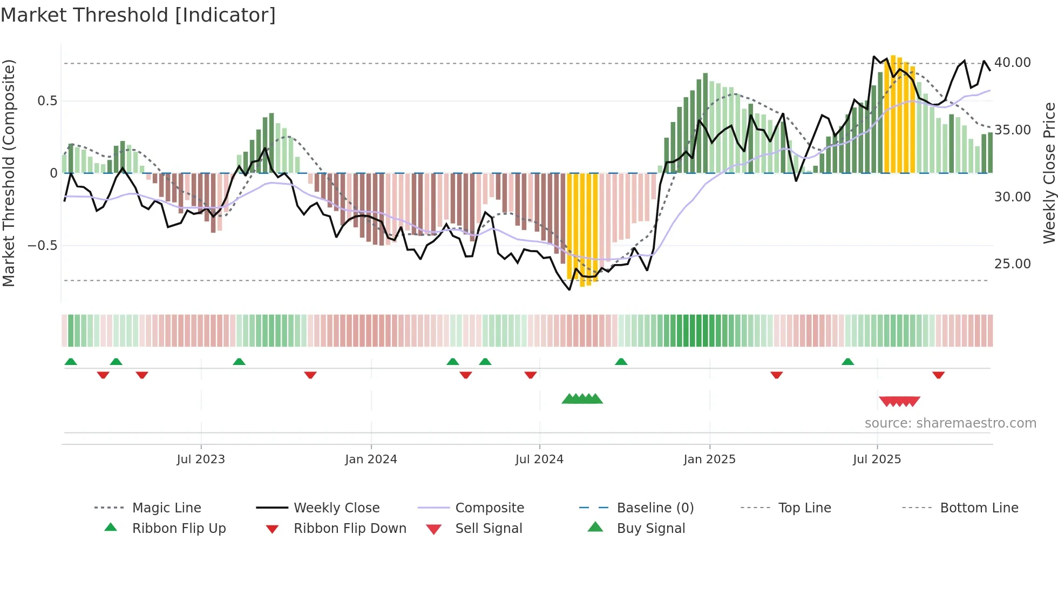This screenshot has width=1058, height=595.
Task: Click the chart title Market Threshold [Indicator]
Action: [138, 15]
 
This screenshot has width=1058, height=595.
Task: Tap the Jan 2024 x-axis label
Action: [371, 459]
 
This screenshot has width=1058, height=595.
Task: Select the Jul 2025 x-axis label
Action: [877, 459]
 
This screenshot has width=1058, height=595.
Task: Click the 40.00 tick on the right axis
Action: [1012, 63]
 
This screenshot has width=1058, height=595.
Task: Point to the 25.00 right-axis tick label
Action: [1012, 263]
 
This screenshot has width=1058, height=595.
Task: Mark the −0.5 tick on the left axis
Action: [42, 246]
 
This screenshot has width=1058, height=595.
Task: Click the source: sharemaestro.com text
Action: [950, 423]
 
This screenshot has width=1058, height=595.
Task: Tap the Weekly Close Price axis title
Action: [1048, 173]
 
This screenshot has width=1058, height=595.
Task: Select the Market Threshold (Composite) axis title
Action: [9, 173]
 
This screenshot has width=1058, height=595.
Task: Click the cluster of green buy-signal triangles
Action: [582, 399]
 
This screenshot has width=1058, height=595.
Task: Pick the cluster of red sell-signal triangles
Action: [899, 401]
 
